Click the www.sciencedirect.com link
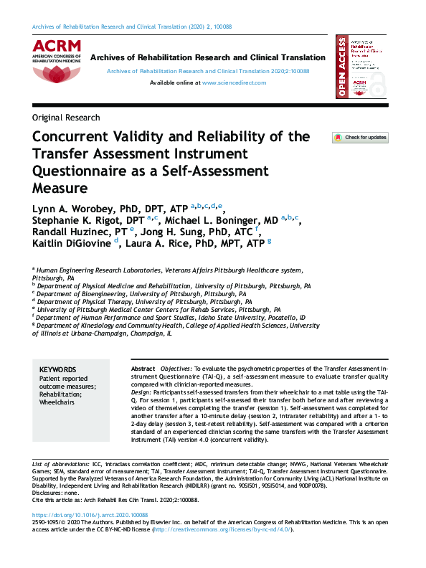tap(234, 82)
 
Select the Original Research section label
tap(66, 118)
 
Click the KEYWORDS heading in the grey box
tap(58, 368)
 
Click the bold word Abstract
tap(143, 368)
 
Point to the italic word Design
tap(141, 393)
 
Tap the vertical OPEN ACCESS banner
tap(341, 69)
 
